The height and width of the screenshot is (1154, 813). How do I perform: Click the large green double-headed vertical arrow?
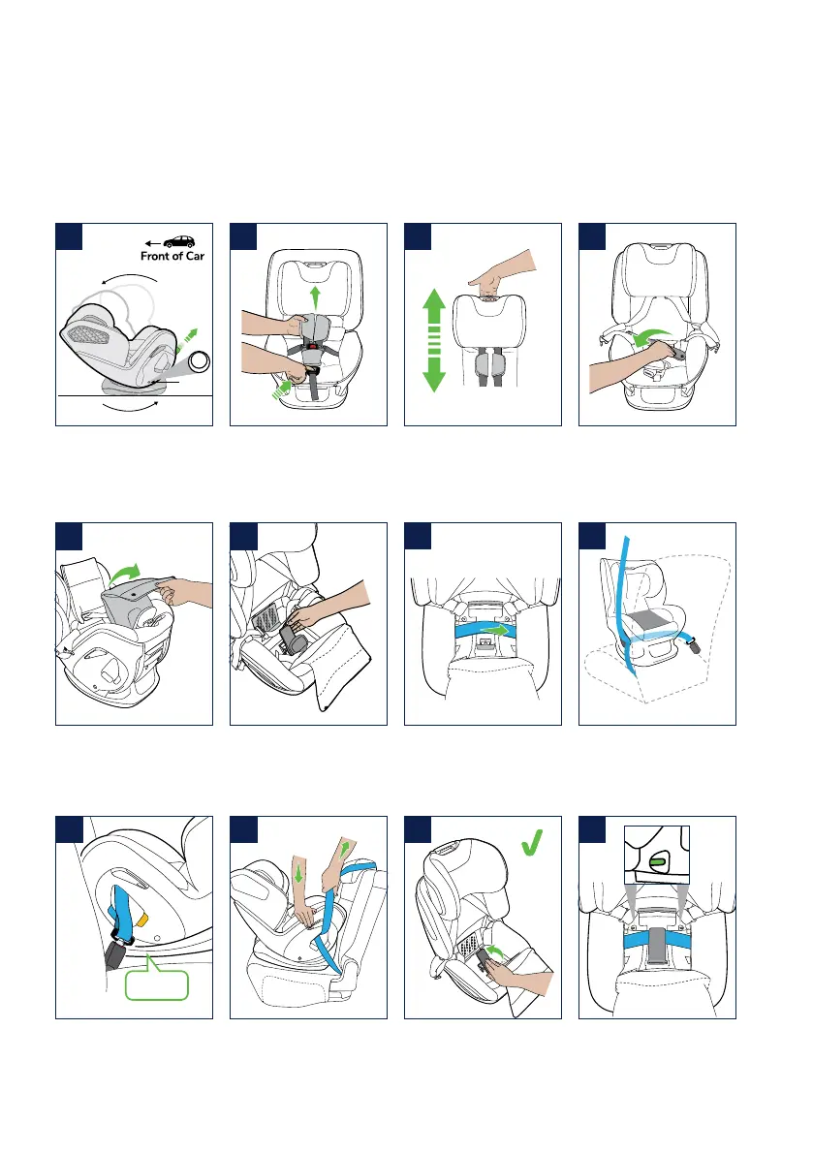[x=434, y=339]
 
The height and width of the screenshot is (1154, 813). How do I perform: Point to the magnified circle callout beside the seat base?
[x=200, y=362]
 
